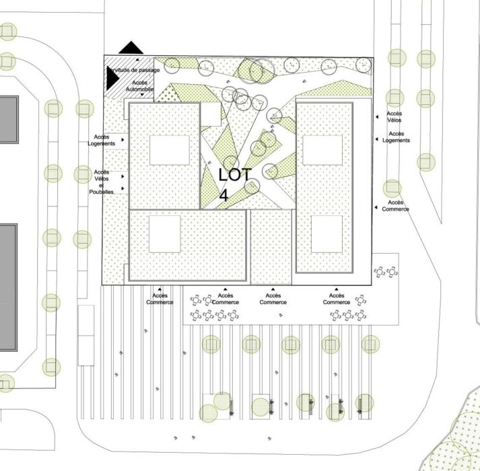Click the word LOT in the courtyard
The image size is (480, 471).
coord(235,175)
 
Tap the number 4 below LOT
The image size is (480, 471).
coord(224,195)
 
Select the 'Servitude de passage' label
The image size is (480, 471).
coord(133,70)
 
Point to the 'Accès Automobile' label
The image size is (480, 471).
coord(139,86)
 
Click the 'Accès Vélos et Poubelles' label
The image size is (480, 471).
coord(102,182)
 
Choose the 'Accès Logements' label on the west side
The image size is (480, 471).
coord(102,140)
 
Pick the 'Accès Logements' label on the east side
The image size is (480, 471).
coord(396,137)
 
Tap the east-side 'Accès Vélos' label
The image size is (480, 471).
coord(395,117)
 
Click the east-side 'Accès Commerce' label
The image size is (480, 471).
coord(395,206)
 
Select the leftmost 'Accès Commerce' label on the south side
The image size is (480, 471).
coord(160,299)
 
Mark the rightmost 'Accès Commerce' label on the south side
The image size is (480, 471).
coord(337,299)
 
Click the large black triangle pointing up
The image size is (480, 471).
coord(131,48)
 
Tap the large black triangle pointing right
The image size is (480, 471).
coord(112,78)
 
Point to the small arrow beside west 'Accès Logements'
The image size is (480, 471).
coord(123,140)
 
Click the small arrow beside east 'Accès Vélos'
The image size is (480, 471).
coord(377,117)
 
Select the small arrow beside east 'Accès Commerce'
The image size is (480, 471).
coord(376,207)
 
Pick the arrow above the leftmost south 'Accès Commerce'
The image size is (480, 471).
coord(160,289)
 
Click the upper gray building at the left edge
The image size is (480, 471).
coord(9,119)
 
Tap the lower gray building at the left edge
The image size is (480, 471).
coord(9,287)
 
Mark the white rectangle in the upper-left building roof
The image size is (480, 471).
coord(170,150)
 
